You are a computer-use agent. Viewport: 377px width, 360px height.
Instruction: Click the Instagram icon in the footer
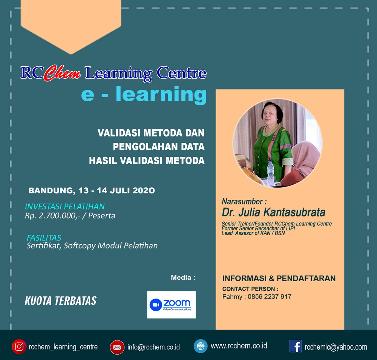coord(19,346)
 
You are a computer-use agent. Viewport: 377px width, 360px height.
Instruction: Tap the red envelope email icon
coord(117,347)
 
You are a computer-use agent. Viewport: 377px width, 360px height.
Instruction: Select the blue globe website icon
coord(201,346)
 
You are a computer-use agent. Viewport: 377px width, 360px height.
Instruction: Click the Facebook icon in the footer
coord(296,346)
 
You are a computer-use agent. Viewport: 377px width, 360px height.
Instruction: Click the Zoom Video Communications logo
coord(172,305)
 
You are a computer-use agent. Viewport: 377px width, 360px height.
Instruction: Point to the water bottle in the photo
coord(271,173)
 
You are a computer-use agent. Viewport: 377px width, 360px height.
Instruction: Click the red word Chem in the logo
coord(63,73)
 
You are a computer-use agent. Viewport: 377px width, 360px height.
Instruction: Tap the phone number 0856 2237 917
coord(270,297)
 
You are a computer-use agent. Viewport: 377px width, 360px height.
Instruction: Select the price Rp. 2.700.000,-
coord(53,216)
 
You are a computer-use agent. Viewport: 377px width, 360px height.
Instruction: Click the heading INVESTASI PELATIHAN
coord(65,206)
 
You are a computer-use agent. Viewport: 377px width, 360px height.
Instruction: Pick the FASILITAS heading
coord(44,237)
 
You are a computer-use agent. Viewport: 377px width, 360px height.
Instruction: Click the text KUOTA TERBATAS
coord(61,300)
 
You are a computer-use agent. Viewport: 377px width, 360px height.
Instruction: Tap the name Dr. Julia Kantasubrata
coord(273,212)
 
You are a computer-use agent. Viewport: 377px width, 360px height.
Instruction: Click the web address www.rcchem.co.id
coord(239,346)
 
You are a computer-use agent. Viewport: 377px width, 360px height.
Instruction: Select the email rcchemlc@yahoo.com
coord(336,347)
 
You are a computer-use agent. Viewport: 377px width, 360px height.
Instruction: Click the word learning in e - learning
coord(161,95)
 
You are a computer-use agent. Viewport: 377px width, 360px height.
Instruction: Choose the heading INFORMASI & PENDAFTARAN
coord(279,278)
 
